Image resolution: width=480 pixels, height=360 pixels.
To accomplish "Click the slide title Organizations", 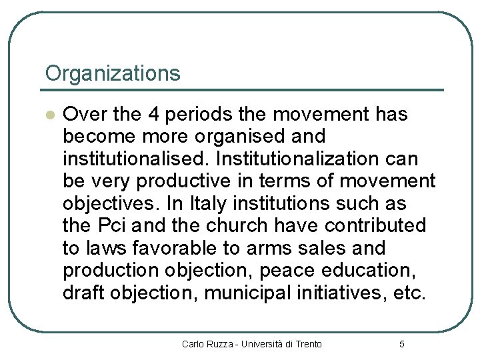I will click(112, 73).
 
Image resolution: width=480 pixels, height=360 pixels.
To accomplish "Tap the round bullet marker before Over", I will click(49, 115).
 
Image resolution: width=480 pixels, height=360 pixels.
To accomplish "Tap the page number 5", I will click(401, 344).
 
